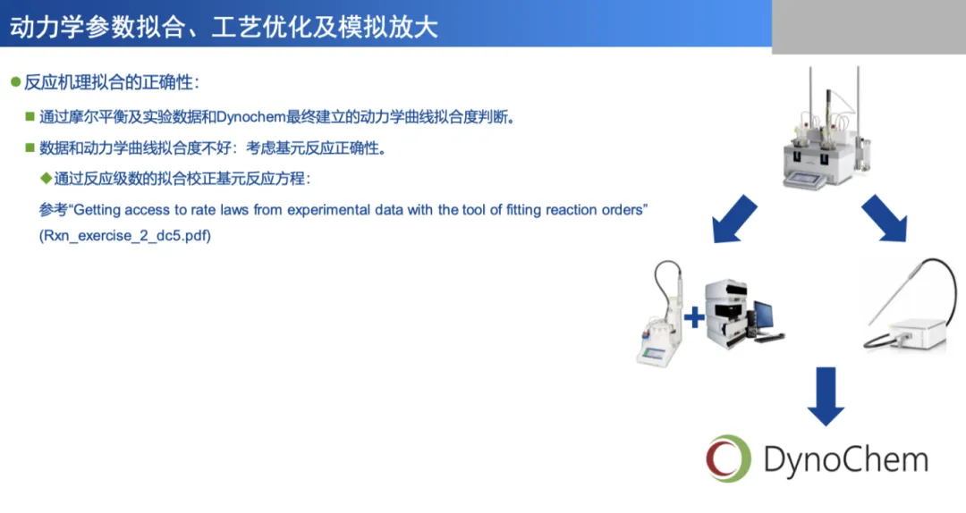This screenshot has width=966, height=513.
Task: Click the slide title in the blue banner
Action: click(224, 27)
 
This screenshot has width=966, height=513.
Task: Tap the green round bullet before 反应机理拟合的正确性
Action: click(16, 82)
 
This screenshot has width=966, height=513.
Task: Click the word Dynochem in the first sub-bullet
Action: click(251, 117)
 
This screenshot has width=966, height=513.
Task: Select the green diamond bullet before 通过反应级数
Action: click(46, 179)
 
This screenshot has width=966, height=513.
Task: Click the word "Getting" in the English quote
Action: click(97, 210)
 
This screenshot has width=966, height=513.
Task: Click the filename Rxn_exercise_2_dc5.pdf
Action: click(125, 236)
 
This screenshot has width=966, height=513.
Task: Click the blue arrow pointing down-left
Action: click(733, 220)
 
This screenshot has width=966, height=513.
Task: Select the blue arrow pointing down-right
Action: click(885, 219)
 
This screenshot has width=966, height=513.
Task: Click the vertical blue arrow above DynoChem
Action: click(826, 397)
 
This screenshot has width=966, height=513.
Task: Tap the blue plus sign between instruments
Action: click(694, 317)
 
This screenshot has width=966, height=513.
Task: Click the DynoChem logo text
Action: click(846, 460)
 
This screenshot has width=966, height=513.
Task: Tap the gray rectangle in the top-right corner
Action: click(869, 27)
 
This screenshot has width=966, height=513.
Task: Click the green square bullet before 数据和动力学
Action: click(30, 147)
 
